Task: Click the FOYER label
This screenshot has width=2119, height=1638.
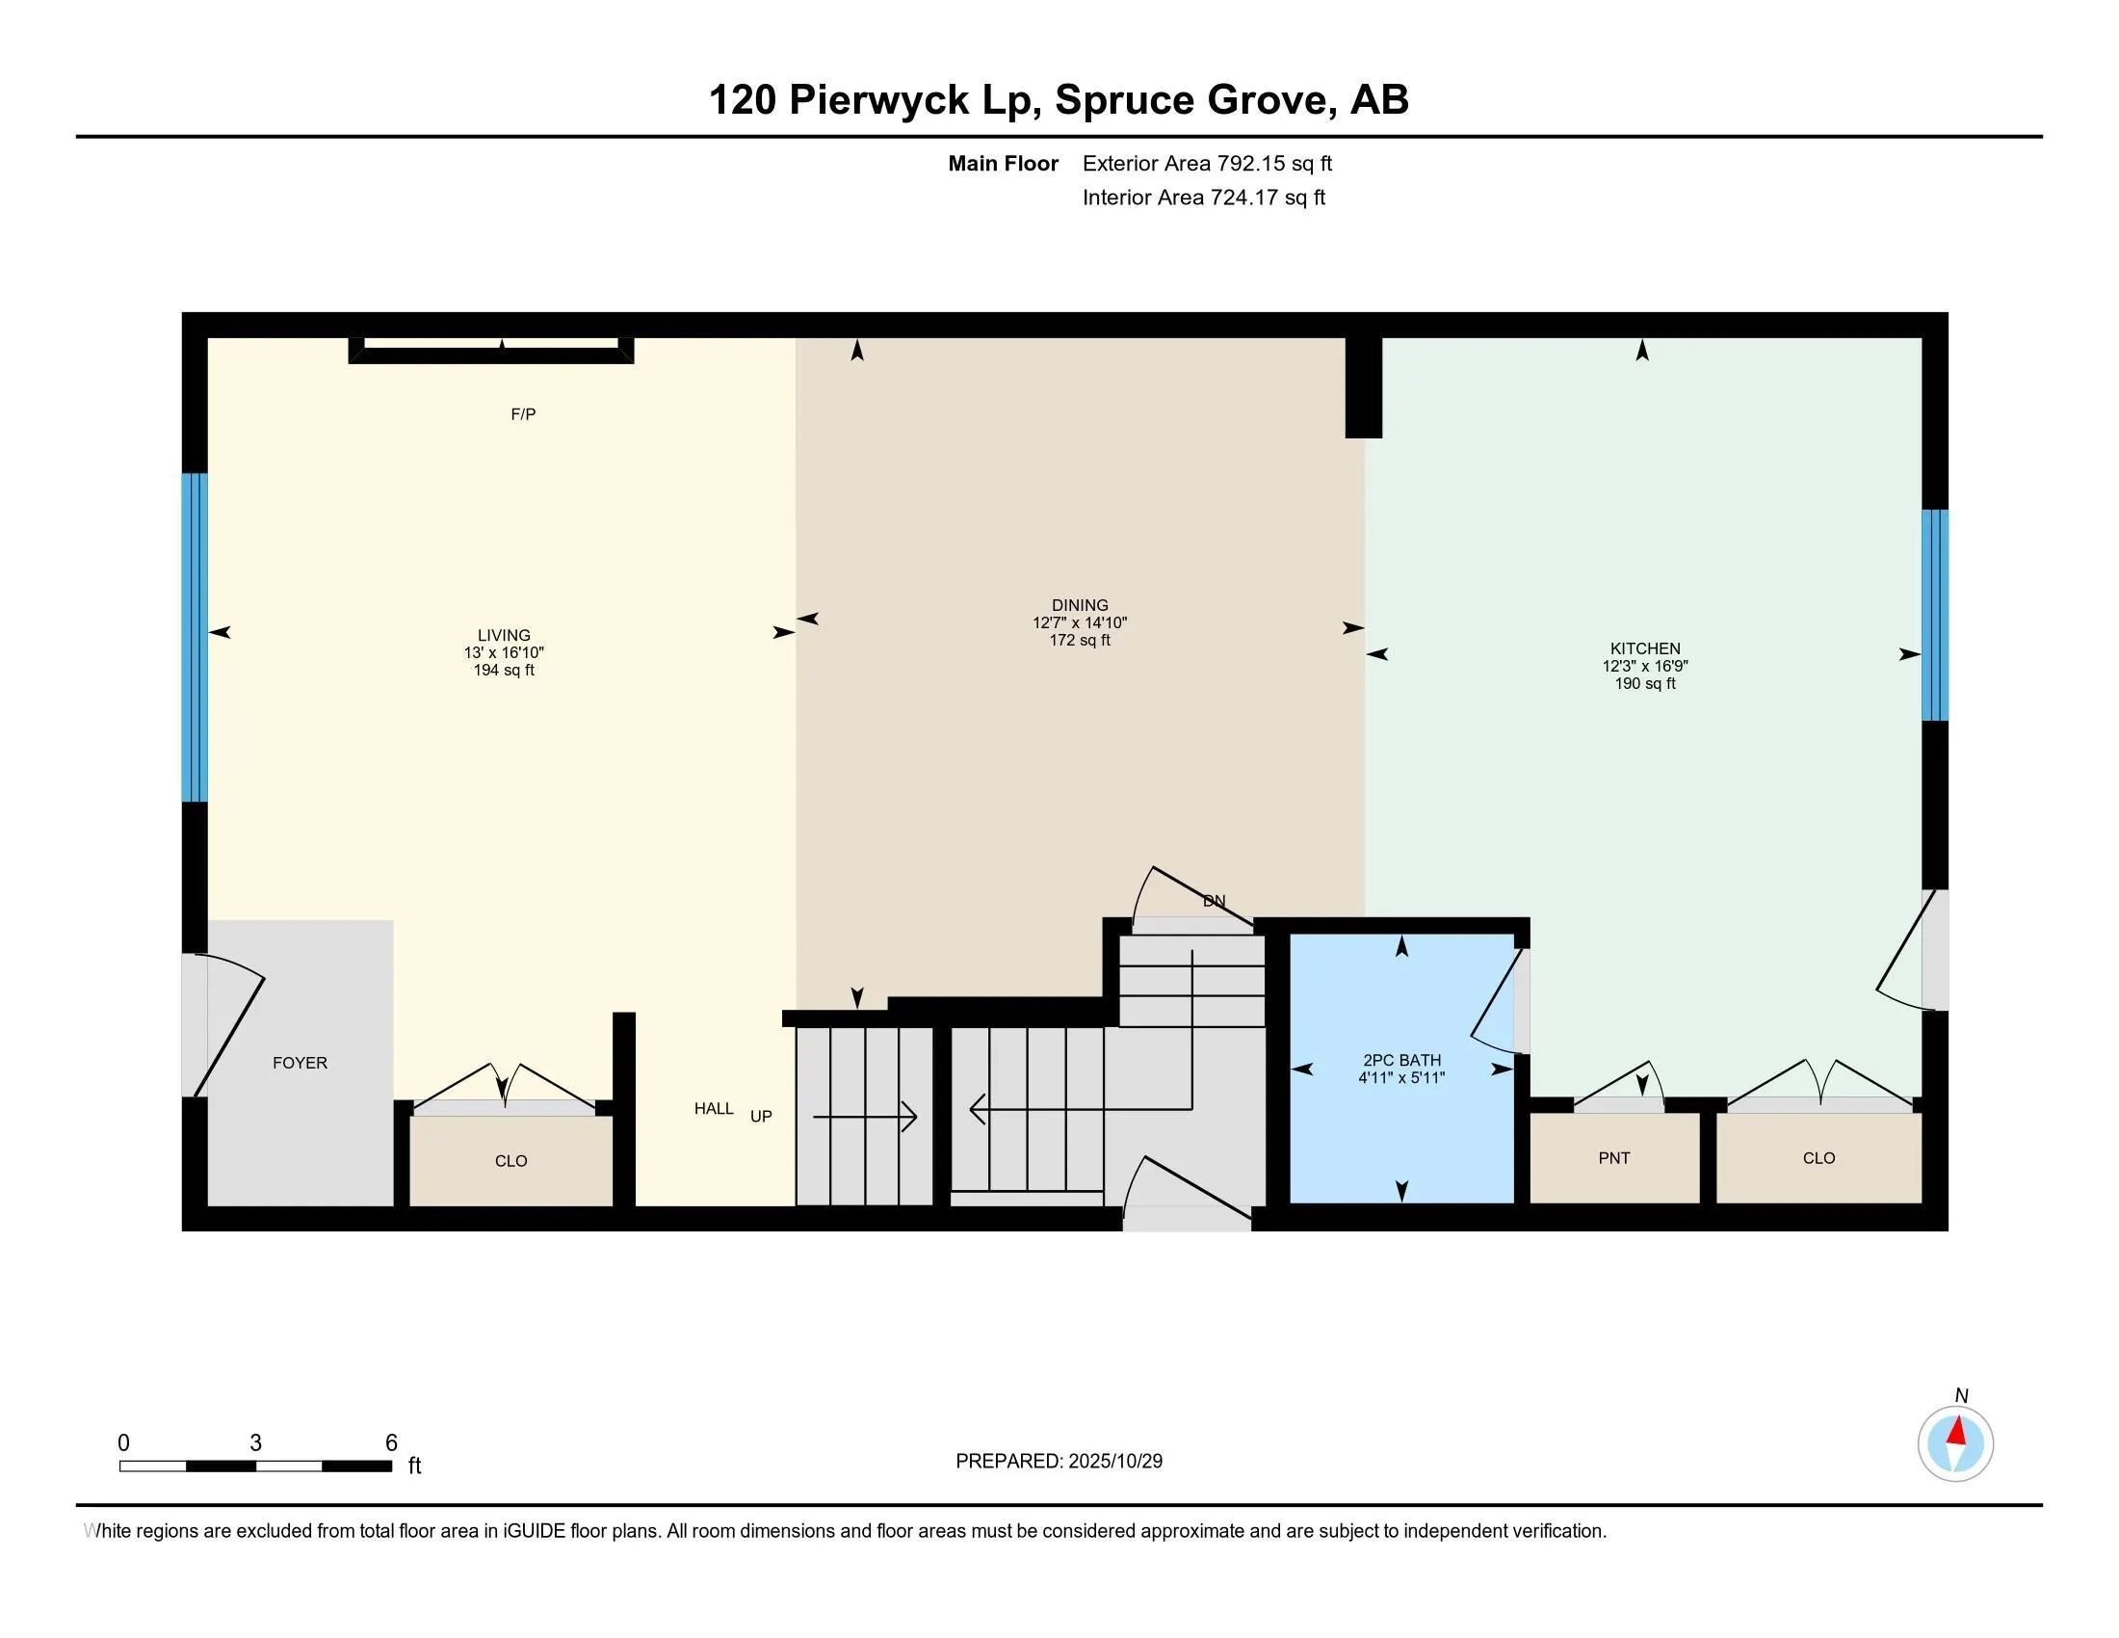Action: point(300,1063)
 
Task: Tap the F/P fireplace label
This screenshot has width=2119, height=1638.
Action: point(523,414)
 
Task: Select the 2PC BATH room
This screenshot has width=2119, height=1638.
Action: point(1402,1068)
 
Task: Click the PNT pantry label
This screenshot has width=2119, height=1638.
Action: point(1614,1157)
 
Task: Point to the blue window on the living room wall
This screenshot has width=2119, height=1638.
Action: point(195,637)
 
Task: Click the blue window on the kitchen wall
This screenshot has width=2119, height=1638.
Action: point(1935,616)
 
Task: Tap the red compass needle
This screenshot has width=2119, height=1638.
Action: point(1958,1431)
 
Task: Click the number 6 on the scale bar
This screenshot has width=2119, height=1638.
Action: point(391,1443)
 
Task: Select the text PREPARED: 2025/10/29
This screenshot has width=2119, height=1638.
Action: point(1059,1462)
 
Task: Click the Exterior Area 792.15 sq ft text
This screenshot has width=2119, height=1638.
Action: point(1207,164)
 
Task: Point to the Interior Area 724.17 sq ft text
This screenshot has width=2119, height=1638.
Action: point(1203,198)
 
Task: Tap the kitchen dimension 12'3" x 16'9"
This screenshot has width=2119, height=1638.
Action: point(1644,667)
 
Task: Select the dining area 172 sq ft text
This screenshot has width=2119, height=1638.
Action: point(1079,641)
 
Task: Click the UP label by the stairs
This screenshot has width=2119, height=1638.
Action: point(761,1117)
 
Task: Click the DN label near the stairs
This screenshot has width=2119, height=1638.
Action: point(1214,902)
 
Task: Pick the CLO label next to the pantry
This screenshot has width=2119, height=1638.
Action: point(1818,1157)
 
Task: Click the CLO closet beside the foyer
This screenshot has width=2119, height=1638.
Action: point(510,1161)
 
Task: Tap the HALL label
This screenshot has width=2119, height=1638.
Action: point(713,1109)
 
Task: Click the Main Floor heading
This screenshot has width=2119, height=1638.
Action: point(1003,164)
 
